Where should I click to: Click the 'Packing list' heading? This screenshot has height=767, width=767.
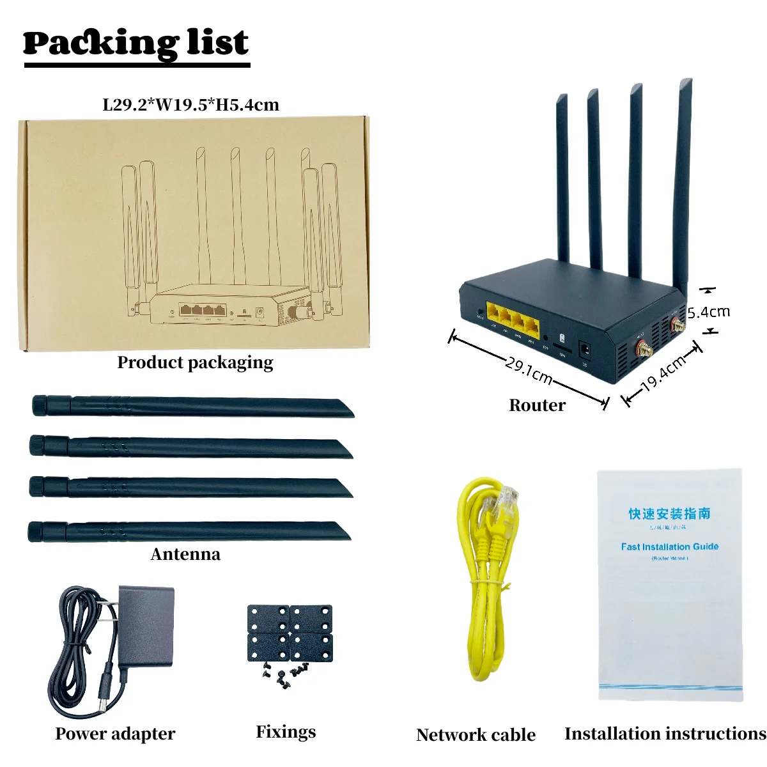(x=136, y=43)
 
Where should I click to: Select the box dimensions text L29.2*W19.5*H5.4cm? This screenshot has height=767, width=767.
(x=190, y=105)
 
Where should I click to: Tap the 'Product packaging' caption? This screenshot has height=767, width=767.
(x=195, y=362)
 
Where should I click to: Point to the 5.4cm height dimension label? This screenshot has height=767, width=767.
(x=708, y=312)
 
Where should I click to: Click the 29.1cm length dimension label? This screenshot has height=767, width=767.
(x=529, y=371)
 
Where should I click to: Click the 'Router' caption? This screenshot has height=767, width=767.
(x=537, y=405)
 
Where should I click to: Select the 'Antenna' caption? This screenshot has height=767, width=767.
(x=185, y=554)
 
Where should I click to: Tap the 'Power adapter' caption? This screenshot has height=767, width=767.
(x=115, y=734)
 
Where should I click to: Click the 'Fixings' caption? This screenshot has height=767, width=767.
(x=286, y=732)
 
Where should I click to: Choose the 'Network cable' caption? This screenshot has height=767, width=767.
(x=476, y=735)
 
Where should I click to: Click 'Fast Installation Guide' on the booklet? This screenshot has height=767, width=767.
(x=669, y=546)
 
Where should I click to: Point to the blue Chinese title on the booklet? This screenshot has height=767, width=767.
(x=669, y=513)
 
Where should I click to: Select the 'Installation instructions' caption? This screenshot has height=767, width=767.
(x=665, y=734)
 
